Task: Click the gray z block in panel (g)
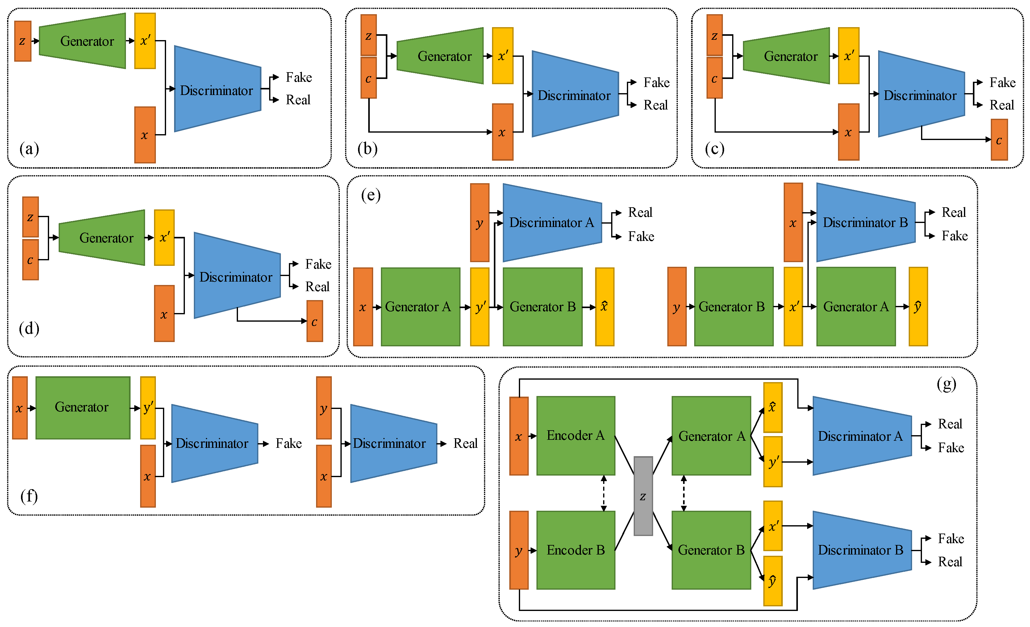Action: [x=643, y=496]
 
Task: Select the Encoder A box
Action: [x=576, y=436]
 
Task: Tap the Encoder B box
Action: [x=576, y=550]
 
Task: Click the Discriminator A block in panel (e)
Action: [x=551, y=223]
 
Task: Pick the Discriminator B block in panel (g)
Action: [x=861, y=550]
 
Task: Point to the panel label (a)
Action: [x=29, y=149]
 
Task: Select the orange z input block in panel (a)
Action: [x=23, y=41]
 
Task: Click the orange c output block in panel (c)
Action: [x=999, y=140]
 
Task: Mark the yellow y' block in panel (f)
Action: [x=148, y=408]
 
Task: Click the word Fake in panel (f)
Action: [x=288, y=443]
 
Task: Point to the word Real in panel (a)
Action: [x=298, y=100]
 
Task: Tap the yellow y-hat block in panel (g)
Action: [x=773, y=581]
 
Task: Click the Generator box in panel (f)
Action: [x=83, y=408]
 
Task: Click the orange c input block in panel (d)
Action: [x=31, y=260]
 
